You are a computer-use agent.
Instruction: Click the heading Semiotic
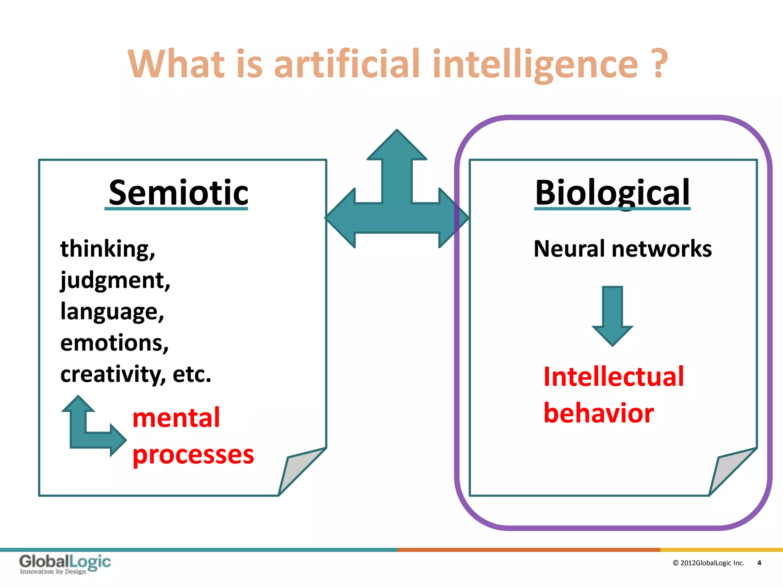[178, 193]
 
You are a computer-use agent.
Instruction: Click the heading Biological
[612, 193]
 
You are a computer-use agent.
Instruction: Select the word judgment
[113, 280]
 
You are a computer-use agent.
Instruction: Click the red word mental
[176, 417]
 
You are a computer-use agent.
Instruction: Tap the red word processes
[193, 454]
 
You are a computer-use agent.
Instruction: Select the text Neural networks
[622, 249]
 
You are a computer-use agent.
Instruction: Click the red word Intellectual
[613, 377]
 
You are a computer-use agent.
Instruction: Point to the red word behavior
[598, 413]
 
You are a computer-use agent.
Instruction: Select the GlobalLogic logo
[65, 563]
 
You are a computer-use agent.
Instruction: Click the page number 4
[759, 563]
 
